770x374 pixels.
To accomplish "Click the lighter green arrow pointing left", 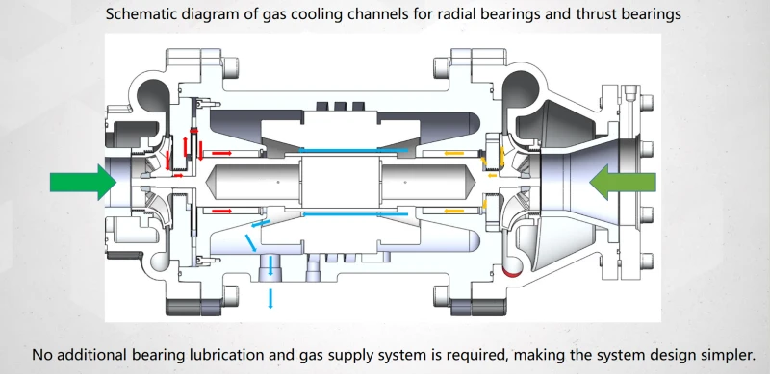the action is pos(623,183).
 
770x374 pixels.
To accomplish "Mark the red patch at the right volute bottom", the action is pos(511,271).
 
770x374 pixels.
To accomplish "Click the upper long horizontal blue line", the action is pos(353,150).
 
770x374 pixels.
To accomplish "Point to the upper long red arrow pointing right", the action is pos(221,153).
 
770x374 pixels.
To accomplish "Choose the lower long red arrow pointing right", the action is pos(221,211).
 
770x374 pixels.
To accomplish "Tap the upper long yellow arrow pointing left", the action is pos(453,153).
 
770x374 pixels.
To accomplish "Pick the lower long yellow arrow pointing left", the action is pos(453,212).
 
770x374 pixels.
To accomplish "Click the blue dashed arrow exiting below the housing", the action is pos(270,298).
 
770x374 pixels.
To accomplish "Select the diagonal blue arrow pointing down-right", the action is pos(251,243).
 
